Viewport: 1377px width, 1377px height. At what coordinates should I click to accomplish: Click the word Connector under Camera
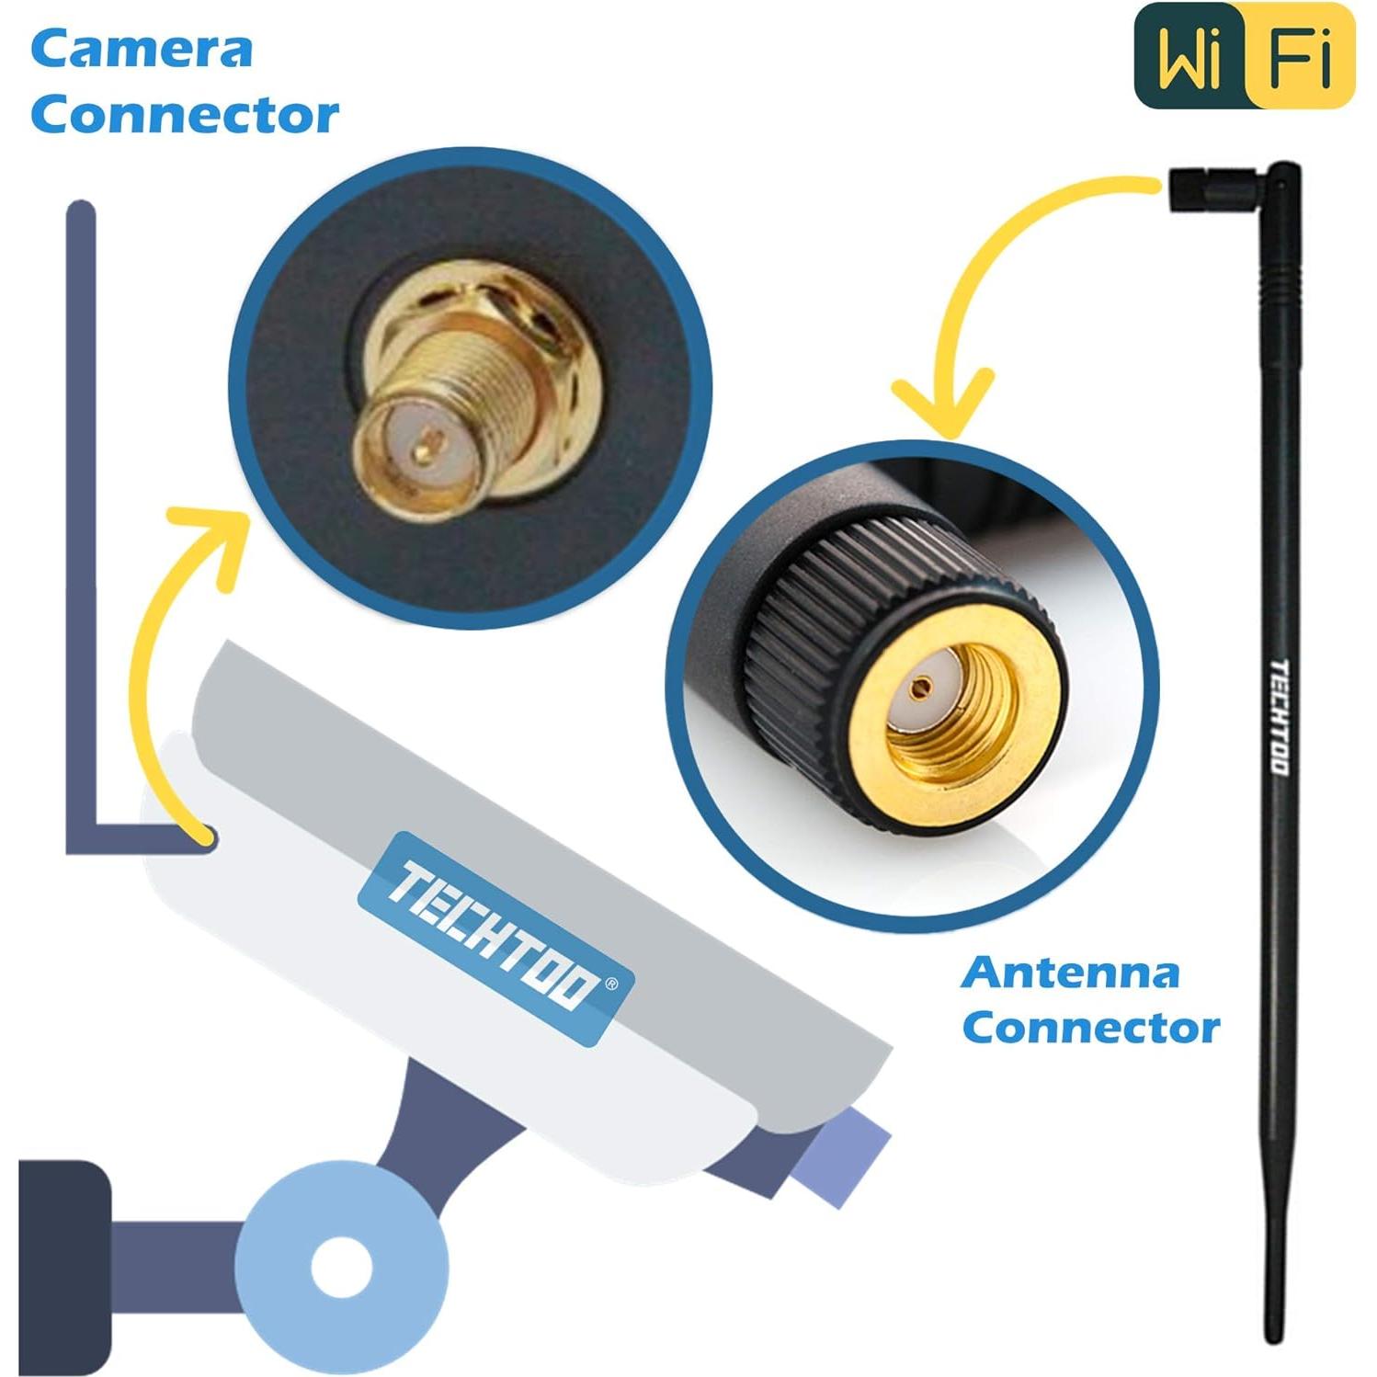pyautogui.click(x=185, y=116)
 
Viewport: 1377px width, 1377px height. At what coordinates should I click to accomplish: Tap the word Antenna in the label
pyautogui.click(x=1071, y=973)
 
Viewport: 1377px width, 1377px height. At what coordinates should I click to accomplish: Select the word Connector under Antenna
pyautogui.click(x=1091, y=1028)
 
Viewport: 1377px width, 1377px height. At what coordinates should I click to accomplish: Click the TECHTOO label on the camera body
pyautogui.click(x=495, y=939)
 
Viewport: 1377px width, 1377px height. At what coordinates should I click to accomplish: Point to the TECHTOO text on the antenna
pyautogui.click(x=1279, y=717)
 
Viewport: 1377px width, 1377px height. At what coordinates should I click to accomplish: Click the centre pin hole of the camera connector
pyautogui.click(x=422, y=452)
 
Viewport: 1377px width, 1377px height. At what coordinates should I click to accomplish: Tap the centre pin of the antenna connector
pyautogui.click(x=920, y=685)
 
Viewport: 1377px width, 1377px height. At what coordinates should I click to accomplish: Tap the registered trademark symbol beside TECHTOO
pyautogui.click(x=614, y=984)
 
